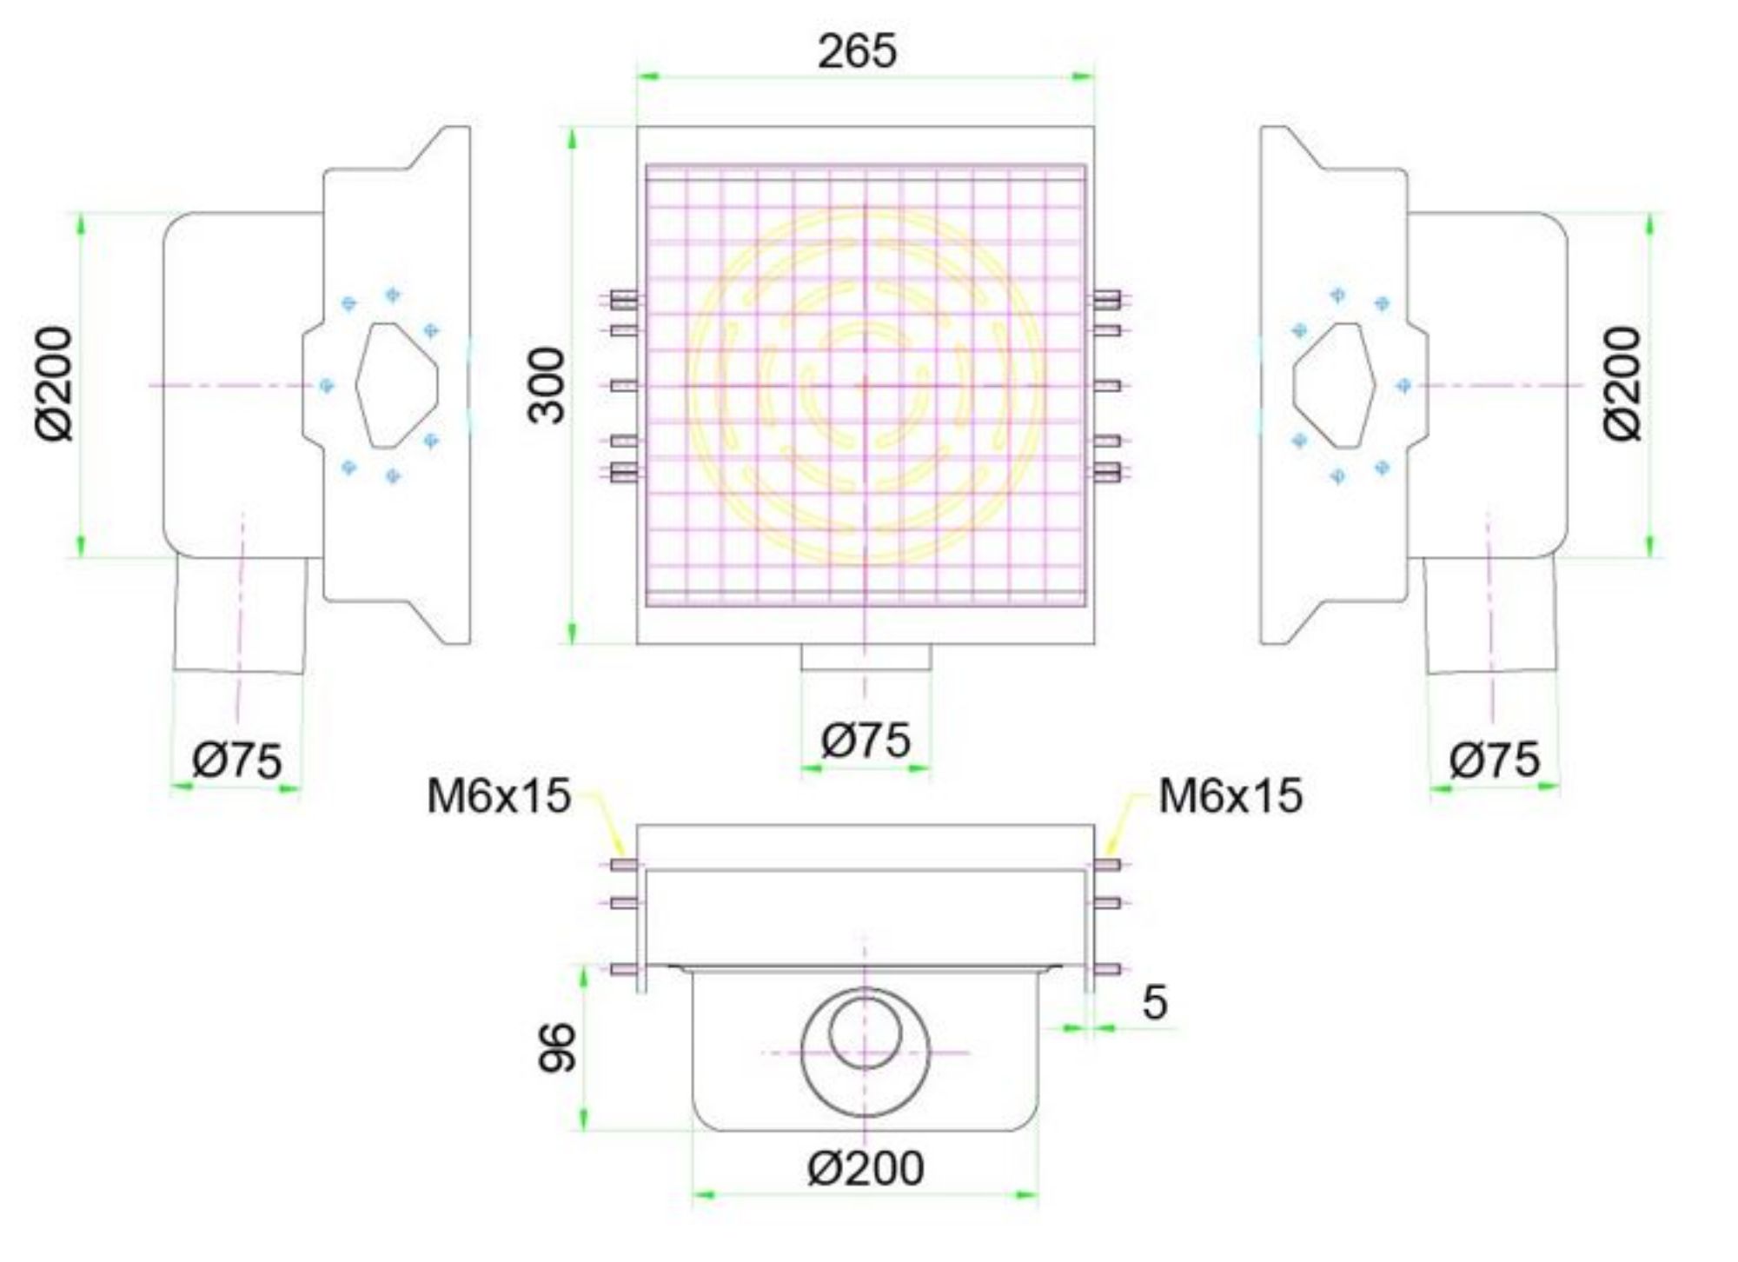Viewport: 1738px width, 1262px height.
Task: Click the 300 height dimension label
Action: click(x=547, y=385)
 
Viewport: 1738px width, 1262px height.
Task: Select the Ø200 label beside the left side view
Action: click(x=55, y=383)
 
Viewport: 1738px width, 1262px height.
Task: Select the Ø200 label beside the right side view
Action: click(x=1622, y=383)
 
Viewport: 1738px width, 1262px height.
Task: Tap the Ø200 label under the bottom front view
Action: click(x=866, y=1168)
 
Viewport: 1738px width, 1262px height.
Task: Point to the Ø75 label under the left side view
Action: click(x=237, y=760)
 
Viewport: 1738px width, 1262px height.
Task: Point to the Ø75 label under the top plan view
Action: click(x=866, y=741)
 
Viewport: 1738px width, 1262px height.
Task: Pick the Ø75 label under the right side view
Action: click(x=1495, y=760)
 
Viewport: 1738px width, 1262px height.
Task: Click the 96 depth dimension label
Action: click(x=557, y=1047)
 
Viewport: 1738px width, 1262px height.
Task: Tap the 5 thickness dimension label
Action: click(x=1154, y=1002)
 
